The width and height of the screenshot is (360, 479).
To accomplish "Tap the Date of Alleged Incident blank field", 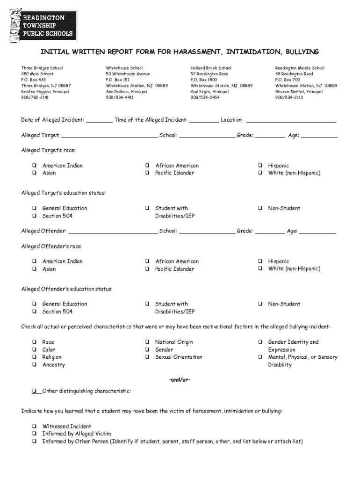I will [x=99, y=120].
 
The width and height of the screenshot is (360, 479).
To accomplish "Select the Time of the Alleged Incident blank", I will [x=204, y=120].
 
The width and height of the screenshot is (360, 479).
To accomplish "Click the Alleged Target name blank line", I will [x=109, y=136].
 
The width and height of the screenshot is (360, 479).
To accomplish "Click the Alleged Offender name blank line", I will [x=113, y=231].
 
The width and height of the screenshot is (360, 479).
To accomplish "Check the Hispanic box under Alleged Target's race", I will [x=260, y=166].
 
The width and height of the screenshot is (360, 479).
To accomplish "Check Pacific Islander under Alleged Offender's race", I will [x=147, y=269].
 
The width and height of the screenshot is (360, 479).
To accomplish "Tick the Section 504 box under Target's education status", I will [x=34, y=216].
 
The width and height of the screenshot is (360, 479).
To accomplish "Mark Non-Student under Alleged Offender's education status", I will [x=260, y=304].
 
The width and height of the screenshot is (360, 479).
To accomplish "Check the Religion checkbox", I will [x=34, y=357].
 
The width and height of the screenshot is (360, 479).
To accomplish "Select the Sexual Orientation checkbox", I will [x=147, y=357].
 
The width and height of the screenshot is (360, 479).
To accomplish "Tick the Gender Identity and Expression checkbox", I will [x=260, y=342].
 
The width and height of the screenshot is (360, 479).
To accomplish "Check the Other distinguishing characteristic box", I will [x=34, y=391].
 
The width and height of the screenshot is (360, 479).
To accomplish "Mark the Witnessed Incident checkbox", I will [x=34, y=427].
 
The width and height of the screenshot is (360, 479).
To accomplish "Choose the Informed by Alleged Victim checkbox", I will [x=34, y=434].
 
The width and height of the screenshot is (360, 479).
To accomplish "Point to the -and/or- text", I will [x=180, y=379].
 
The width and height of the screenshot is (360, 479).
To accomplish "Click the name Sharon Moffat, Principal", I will [x=299, y=92].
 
